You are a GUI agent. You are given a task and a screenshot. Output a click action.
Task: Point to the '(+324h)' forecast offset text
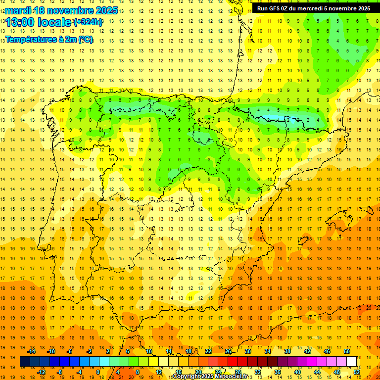88,22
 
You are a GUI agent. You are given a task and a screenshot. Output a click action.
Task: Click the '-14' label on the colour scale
31,351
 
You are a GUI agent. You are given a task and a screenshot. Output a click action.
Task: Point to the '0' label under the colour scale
98,372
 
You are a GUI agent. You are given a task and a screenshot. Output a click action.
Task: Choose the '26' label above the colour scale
228,351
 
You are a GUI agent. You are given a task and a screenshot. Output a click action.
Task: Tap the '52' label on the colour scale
357,372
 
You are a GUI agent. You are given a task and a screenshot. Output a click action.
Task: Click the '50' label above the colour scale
347,351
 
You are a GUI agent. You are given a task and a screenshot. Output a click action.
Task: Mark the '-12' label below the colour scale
41,372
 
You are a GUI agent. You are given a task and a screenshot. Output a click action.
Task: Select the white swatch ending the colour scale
352,362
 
